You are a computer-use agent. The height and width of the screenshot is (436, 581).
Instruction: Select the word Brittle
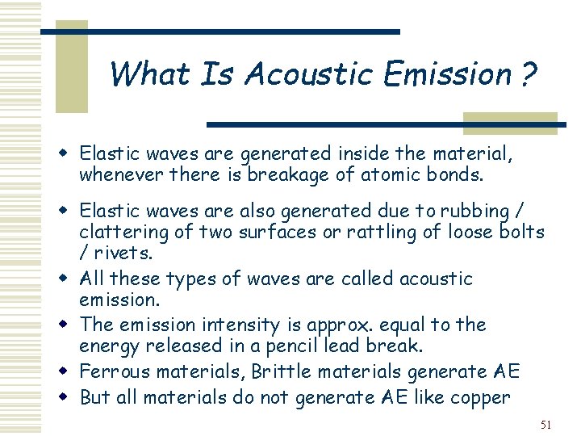pyautogui.click(x=280, y=371)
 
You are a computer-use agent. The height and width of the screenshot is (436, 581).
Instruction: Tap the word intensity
pyautogui.click(x=234, y=325)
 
